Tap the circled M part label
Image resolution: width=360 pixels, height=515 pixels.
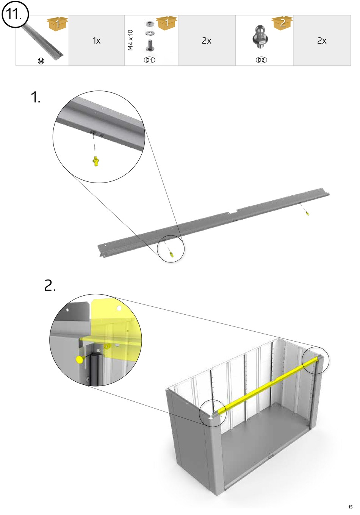[x=41, y=61]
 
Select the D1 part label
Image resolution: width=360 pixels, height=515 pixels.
[x=150, y=60]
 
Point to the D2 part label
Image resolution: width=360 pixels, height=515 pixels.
[x=261, y=60]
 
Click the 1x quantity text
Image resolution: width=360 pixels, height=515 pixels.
[x=96, y=41]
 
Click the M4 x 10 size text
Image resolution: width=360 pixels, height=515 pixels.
[x=131, y=40]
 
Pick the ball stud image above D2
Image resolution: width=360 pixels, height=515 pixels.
[x=260, y=37]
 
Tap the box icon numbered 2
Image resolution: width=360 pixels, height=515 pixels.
[x=283, y=23]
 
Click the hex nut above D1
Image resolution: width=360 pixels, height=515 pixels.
[x=149, y=24]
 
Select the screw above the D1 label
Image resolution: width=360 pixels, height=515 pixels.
[x=149, y=46]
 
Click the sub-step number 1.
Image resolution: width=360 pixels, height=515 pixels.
[x=35, y=98]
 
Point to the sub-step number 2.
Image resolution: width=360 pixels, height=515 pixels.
[x=50, y=286]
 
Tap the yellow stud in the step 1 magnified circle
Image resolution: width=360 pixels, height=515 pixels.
[x=95, y=162]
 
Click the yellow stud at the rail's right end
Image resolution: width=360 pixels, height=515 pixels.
[x=307, y=214]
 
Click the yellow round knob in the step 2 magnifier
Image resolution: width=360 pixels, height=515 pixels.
[x=80, y=359]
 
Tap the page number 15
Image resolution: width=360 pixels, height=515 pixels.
[x=350, y=507]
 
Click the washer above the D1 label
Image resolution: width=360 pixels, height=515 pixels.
[x=149, y=33]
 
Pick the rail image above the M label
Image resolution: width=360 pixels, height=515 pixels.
[x=43, y=42]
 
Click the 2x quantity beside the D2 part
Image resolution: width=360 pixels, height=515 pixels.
[x=322, y=41]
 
